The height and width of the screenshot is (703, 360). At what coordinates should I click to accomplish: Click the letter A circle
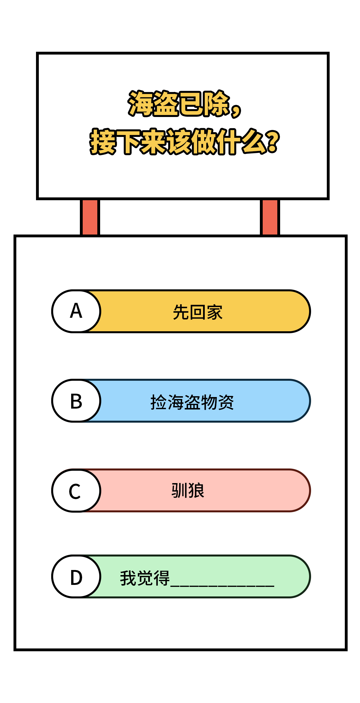(76, 311)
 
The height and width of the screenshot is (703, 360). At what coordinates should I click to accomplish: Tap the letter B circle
(76, 401)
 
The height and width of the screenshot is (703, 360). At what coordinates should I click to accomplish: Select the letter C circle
(76, 490)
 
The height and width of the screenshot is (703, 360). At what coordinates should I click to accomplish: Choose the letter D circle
(76, 576)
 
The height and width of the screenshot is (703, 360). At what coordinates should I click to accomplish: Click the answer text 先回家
(198, 312)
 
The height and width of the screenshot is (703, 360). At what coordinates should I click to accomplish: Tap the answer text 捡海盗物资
(192, 402)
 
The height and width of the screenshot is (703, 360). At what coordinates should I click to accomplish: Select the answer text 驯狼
(188, 490)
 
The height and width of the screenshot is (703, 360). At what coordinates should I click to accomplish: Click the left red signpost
(90, 217)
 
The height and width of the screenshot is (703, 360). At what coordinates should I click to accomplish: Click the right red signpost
(270, 217)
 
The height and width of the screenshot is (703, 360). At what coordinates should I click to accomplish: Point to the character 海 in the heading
(140, 103)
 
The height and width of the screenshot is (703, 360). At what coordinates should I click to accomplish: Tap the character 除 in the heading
(217, 103)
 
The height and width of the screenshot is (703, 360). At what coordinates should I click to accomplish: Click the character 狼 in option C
(196, 490)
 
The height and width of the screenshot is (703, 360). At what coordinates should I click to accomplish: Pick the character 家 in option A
(215, 312)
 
